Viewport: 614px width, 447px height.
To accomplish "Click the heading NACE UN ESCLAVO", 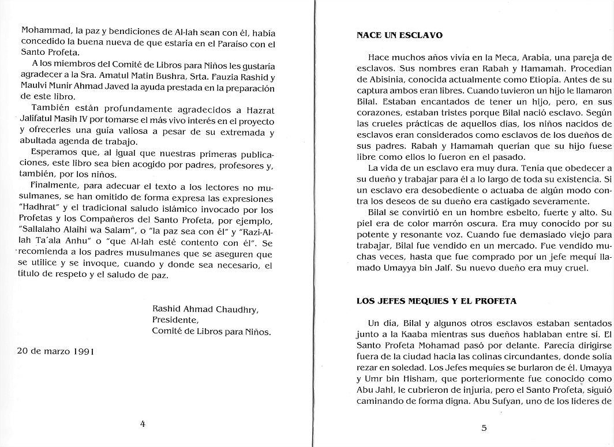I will pos(399,36).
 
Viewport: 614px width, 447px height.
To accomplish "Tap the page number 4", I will pos(143,424).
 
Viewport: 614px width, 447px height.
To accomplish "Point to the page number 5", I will pos(484,427).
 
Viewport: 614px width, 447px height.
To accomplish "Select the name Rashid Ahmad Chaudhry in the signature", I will pos(205,309).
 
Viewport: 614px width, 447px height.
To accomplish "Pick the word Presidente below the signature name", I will pos(175,320).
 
